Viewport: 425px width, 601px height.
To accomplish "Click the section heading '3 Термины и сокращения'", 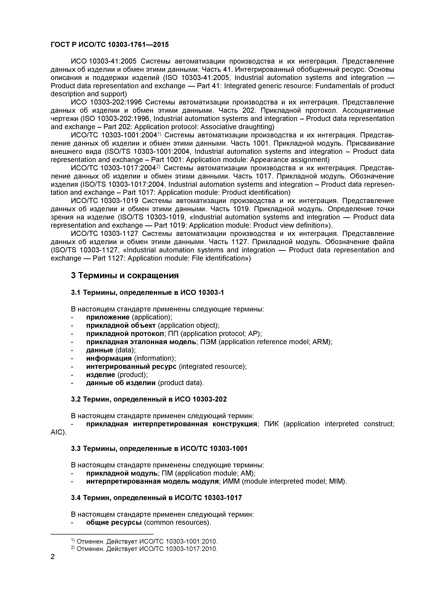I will click(x=125, y=275).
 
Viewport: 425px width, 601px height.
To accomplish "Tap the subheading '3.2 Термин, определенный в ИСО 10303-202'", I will click(x=149, y=399).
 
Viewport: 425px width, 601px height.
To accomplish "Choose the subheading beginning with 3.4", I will click(x=156, y=498).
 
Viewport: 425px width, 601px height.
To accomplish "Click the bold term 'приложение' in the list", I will click(x=108, y=317).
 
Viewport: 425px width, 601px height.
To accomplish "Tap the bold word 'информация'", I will click(x=109, y=358).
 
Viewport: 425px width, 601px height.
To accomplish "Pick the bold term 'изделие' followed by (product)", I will click(x=101, y=375).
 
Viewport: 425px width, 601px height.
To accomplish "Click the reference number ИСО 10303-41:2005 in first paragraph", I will click(x=104, y=61).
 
